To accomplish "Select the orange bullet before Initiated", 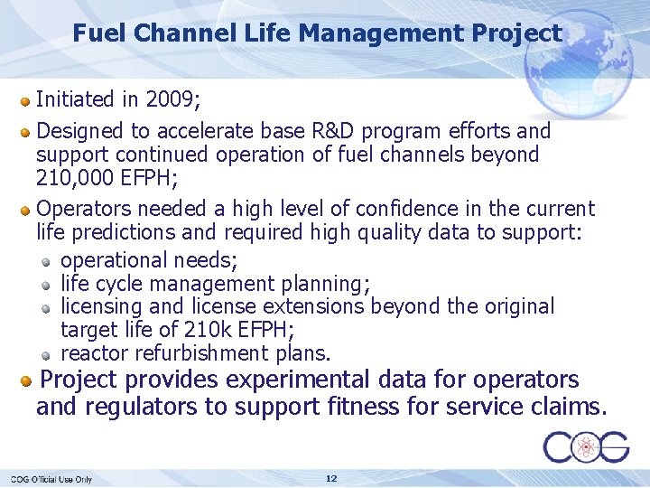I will pyautogui.click(x=27, y=100).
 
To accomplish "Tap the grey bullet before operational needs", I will pyautogui.click(x=47, y=261).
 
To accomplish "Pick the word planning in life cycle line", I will pyautogui.click(x=320, y=284).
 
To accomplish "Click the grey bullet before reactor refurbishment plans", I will pyautogui.click(x=47, y=353).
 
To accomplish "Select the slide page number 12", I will pyautogui.click(x=331, y=478).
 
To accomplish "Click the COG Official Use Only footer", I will pyautogui.click(x=51, y=479).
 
